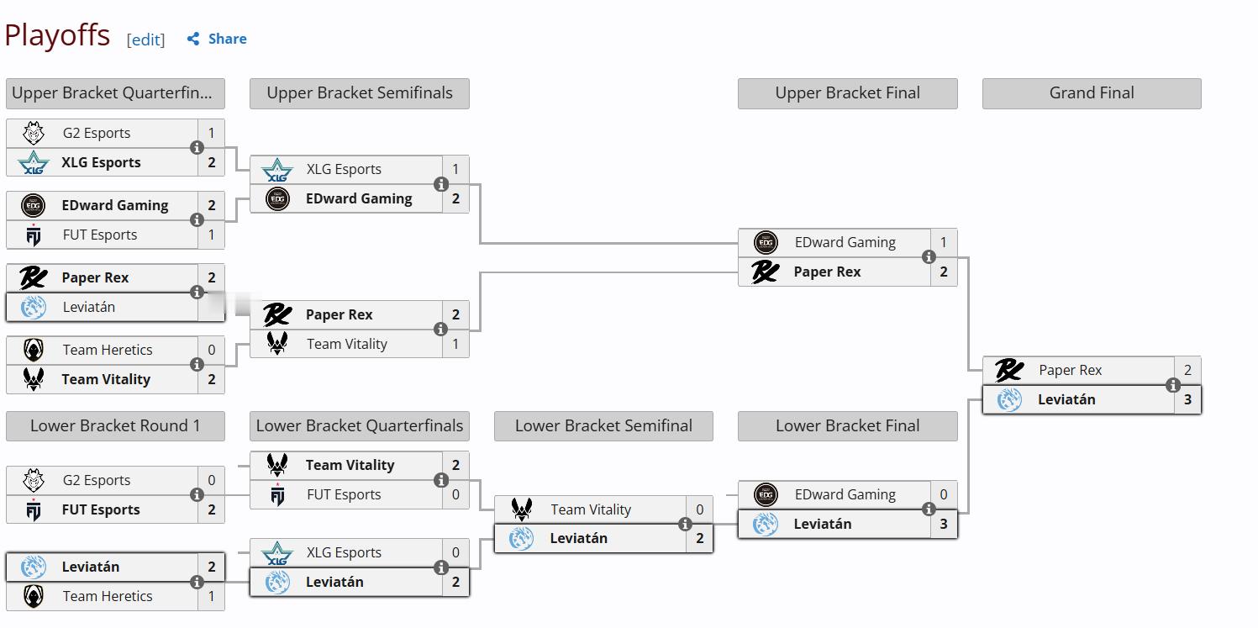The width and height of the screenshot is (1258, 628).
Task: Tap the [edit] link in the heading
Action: [x=145, y=40]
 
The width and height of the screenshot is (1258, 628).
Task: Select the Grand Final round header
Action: [x=1092, y=93]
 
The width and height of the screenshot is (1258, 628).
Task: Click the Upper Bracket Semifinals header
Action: [x=360, y=93]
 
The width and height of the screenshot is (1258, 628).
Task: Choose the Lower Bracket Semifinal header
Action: [x=603, y=425]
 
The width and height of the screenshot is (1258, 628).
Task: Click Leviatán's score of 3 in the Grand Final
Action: [x=1187, y=399]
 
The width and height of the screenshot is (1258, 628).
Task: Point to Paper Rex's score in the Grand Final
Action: [x=1187, y=370]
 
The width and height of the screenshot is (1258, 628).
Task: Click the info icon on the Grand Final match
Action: [x=1172, y=385]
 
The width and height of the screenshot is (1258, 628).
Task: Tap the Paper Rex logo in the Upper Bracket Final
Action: [x=765, y=272]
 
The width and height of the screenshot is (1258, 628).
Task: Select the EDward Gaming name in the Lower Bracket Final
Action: [x=845, y=494]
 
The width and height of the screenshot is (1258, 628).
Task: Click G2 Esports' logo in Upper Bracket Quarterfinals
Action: [x=33, y=133]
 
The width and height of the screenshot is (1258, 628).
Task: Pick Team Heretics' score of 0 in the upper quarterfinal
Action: [x=212, y=350]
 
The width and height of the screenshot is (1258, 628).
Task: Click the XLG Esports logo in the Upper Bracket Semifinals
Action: [x=277, y=170]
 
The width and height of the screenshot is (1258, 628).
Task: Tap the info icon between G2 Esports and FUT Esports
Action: [x=197, y=494]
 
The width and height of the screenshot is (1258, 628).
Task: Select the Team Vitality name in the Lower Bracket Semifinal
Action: [x=591, y=509]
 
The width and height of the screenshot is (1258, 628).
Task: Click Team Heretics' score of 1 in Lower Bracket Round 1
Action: [x=212, y=596]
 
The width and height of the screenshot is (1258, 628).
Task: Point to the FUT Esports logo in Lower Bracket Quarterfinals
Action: [x=277, y=495]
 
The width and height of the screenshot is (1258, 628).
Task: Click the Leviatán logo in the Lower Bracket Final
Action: [x=765, y=524]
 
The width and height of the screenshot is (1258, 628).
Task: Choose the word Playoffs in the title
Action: [x=57, y=35]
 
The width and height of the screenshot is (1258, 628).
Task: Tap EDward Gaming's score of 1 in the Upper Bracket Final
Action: [x=944, y=242]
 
